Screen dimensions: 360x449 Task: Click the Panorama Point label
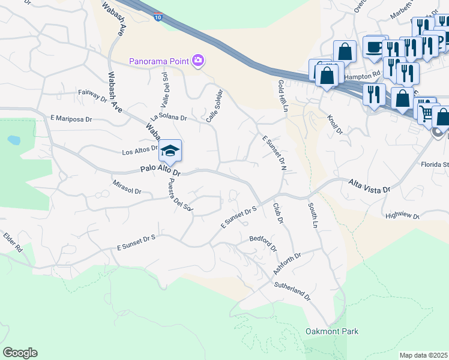pos(159,61)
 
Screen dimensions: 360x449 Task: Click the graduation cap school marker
pos(170,151)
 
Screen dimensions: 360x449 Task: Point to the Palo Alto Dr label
pos(160,171)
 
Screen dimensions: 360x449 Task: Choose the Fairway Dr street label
pos(92,95)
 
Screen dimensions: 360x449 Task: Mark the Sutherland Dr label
pos(292,292)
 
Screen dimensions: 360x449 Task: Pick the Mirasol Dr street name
pos(127,187)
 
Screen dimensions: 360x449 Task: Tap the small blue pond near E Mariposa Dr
pos(13,140)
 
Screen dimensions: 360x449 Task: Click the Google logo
pos(20,353)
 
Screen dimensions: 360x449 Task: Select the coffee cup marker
pos(376,47)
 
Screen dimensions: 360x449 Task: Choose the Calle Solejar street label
pos(214,106)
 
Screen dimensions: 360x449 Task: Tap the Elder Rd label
pos(12,242)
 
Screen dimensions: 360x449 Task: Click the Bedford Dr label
pos(263,243)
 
